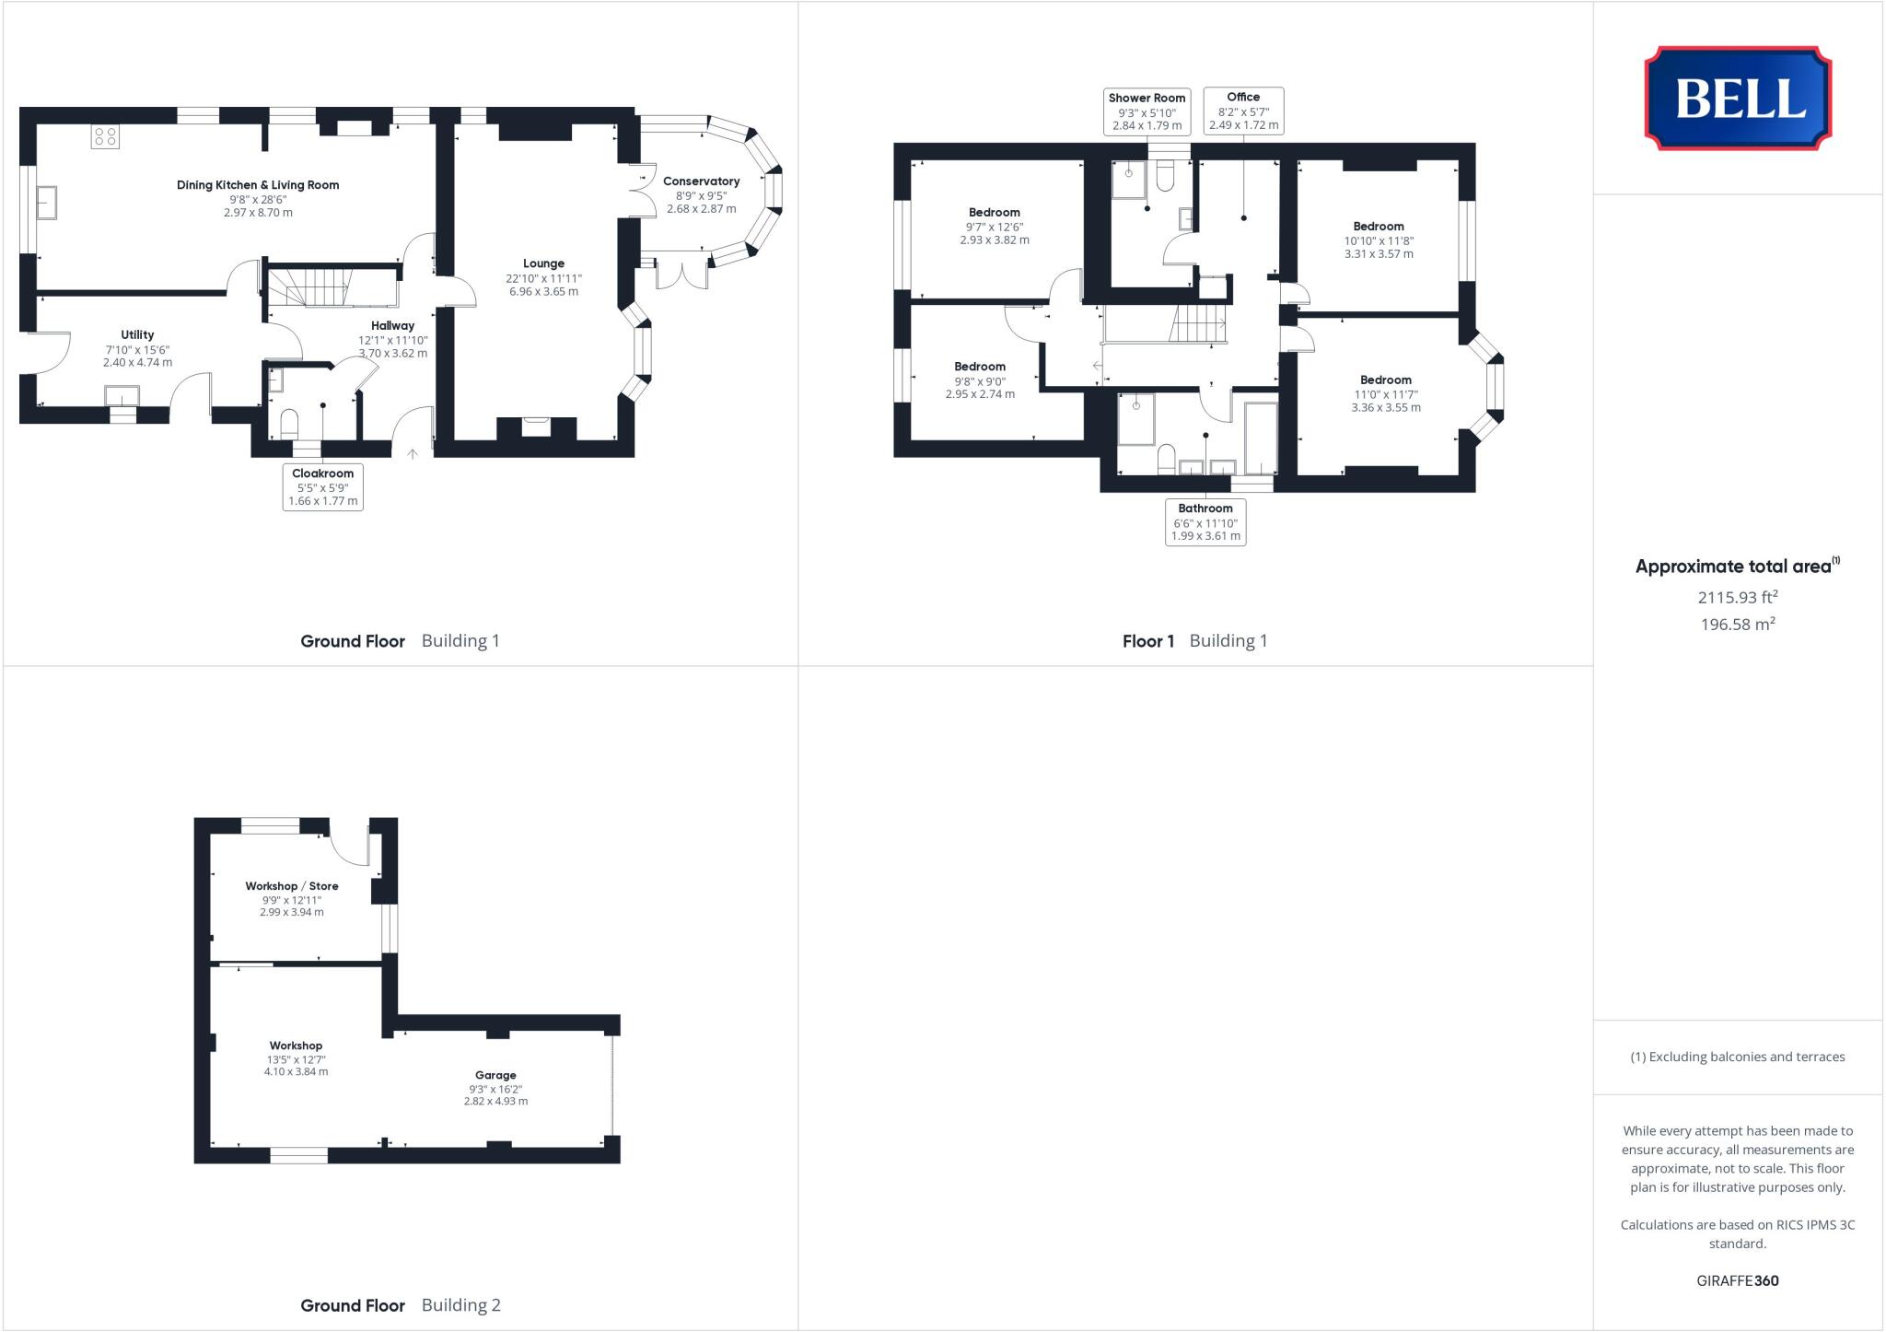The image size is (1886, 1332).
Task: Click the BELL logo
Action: pos(1738,98)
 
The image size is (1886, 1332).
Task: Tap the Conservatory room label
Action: pos(701,181)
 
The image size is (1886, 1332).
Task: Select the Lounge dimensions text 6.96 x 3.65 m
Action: pos(543,292)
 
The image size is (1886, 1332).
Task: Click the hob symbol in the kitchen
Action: pos(105,137)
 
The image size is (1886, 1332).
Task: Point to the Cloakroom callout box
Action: pos(322,486)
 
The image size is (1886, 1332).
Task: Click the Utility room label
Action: pos(137,335)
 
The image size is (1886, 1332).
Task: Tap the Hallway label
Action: pos(392,325)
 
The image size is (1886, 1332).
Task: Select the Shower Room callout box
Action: pos(1147,111)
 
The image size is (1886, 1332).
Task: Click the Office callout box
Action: pos(1243,111)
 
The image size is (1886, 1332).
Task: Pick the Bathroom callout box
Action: pos(1205,521)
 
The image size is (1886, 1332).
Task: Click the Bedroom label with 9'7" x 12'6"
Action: pos(994,213)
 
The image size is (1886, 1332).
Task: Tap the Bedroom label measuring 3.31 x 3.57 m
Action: pos(1378,227)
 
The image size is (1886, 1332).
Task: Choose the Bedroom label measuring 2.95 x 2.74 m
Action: pos(980,367)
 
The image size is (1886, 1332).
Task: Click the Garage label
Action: pos(495,1075)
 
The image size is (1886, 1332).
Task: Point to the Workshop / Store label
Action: pos(291,886)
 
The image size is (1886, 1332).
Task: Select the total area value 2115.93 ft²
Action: pos(1737,597)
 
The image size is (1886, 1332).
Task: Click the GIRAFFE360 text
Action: pos(1737,1280)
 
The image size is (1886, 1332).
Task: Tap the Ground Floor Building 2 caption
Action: pos(400,1305)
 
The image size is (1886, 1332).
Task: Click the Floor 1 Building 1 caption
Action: pos(1194,641)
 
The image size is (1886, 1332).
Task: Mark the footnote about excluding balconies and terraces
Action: pos(1737,1057)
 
